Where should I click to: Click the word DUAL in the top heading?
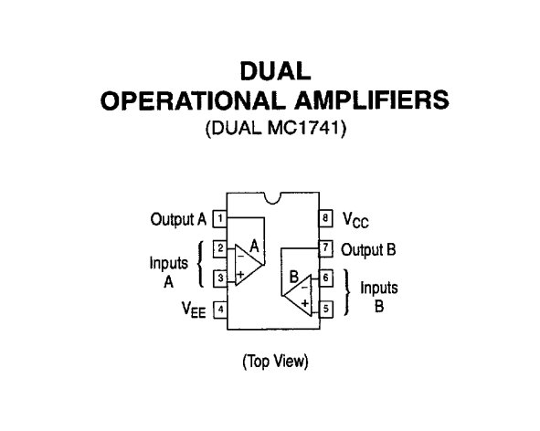pyautogui.click(x=276, y=71)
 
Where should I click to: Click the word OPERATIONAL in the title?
pyautogui.click(x=193, y=100)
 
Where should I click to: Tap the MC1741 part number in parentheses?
pyautogui.click(x=305, y=128)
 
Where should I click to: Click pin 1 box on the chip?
pyautogui.click(x=219, y=218)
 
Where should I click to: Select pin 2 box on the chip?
pyautogui.click(x=220, y=248)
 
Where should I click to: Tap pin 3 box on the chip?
pyautogui.click(x=220, y=278)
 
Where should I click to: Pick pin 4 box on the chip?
pyautogui.click(x=220, y=310)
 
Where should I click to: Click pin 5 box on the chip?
pyautogui.click(x=326, y=310)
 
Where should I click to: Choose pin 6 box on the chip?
pyautogui.click(x=326, y=278)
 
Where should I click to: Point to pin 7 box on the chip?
pyautogui.click(x=326, y=248)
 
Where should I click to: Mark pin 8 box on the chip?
pyautogui.click(x=325, y=218)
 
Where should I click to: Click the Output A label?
pyautogui.click(x=178, y=219)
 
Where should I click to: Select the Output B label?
pyautogui.click(x=368, y=250)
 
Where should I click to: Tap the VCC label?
pyautogui.click(x=355, y=220)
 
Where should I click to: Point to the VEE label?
pyautogui.click(x=194, y=310)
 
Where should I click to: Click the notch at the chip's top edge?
pyautogui.click(x=273, y=199)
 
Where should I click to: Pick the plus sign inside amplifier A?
pyautogui.click(x=240, y=274)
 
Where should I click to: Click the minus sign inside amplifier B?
pyautogui.click(x=305, y=287)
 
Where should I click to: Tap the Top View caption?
pyautogui.click(x=276, y=362)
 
